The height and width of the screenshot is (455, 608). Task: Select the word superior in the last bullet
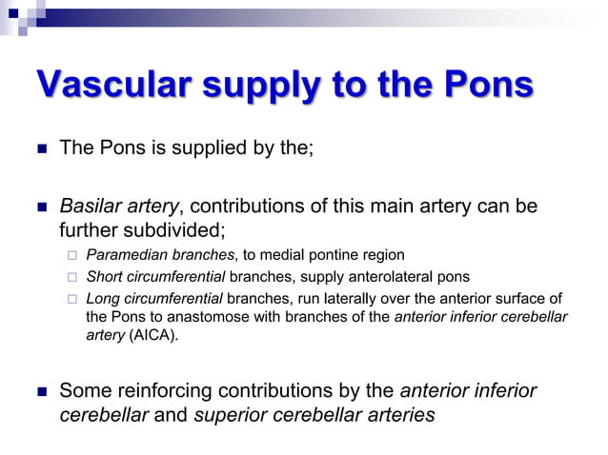230,414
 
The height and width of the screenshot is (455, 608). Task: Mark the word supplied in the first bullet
212,148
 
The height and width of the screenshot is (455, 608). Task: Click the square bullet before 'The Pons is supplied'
40,149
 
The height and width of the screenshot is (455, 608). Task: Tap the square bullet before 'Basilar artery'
40,208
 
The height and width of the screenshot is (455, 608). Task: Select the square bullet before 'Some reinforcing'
40,391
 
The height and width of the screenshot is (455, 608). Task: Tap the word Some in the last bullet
84,390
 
